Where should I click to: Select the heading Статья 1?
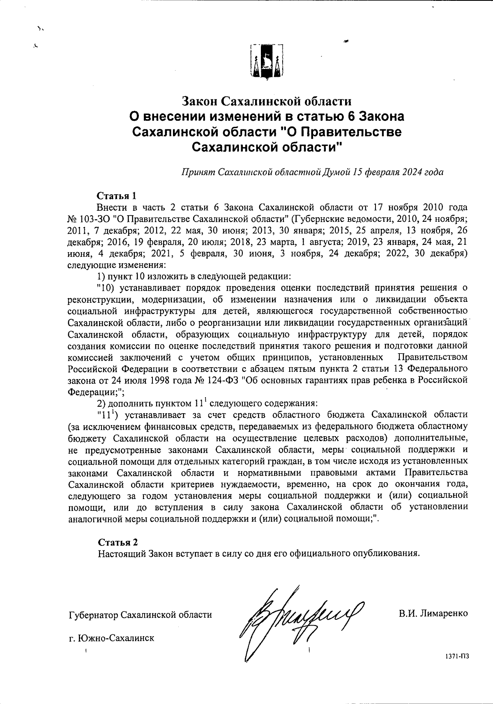pos(116,195)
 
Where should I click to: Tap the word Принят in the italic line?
pos(198,172)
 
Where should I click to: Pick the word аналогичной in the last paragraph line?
pos(91,518)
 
